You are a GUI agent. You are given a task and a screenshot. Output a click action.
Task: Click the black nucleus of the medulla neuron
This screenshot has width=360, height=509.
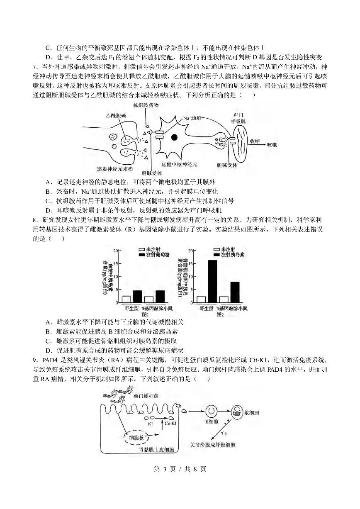pos(174,137)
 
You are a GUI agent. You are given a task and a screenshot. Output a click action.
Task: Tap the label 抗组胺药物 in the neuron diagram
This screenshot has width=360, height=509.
pos(146,106)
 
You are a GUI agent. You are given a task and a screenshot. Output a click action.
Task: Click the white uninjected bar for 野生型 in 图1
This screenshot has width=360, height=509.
pos(126,299)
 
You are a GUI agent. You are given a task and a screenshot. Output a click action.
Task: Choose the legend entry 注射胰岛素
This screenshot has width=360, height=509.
pos(232,255)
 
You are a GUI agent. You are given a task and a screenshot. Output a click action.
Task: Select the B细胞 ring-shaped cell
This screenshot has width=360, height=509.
pos(212,411)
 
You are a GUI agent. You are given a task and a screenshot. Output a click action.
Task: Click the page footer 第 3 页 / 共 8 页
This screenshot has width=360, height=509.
pos(180,469)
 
